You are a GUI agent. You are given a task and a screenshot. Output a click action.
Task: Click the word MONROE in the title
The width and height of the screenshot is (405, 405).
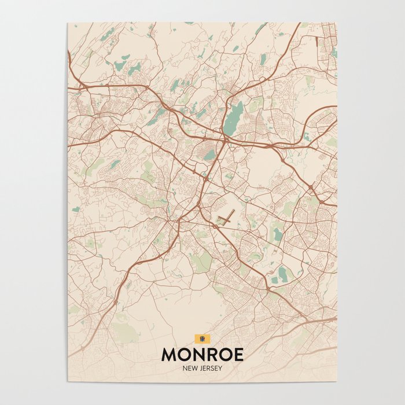203,354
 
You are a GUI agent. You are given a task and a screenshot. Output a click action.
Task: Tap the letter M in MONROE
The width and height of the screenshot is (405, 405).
171,354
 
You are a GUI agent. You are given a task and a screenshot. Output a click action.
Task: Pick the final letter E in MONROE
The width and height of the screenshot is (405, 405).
238,354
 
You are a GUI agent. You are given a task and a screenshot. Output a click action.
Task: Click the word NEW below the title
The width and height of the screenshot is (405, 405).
189,367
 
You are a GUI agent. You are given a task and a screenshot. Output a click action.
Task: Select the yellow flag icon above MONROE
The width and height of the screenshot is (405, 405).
203,338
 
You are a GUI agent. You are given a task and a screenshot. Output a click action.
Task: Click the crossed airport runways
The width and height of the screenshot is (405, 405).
226,218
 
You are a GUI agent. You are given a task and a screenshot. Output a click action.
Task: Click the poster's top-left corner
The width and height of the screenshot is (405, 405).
68,23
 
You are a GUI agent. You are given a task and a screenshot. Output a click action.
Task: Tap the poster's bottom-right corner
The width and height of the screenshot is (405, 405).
337,381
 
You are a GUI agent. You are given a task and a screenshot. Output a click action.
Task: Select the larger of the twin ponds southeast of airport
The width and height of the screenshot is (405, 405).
282,273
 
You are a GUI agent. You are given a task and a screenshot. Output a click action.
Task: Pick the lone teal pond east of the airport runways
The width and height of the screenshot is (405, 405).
278,234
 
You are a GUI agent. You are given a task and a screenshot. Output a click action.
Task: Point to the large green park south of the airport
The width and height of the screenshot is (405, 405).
203,263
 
